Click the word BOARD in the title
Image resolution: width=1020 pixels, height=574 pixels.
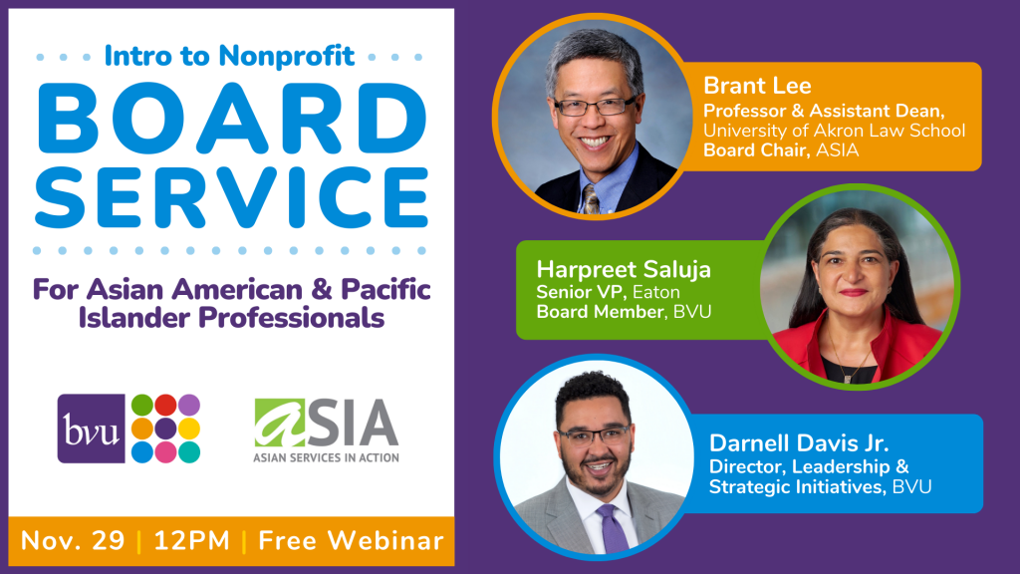tap(232, 119)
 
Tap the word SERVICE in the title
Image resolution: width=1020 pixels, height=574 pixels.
tap(232, 197)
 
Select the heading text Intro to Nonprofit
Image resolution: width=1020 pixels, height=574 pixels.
tap(230, 56)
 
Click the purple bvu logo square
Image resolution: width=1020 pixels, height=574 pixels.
tap(91, 429)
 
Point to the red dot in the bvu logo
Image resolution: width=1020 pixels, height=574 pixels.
tap(165, 405)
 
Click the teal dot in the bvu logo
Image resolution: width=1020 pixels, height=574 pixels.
tap(189, 451)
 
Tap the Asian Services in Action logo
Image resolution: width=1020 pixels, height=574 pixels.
tap(326, 430)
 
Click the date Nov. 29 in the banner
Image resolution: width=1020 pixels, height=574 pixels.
tap(72, 541)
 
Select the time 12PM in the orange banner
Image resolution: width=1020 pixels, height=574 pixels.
tap(192, 541)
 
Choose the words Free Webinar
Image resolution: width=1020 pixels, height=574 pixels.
tap(352, 541)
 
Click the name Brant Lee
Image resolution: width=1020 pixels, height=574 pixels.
tap(757, 86)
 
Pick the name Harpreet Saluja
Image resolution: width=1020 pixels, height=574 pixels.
tap(624, 269)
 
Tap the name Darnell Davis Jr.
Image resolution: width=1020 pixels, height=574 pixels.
tap(798, 443)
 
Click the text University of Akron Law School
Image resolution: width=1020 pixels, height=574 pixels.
tap(834, 131)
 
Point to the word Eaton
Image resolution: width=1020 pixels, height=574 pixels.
tap(655, 292)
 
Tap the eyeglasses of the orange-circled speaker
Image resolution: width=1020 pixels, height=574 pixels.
tap(596, 106)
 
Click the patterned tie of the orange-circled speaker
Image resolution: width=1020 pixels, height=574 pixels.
tap(590, 199)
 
